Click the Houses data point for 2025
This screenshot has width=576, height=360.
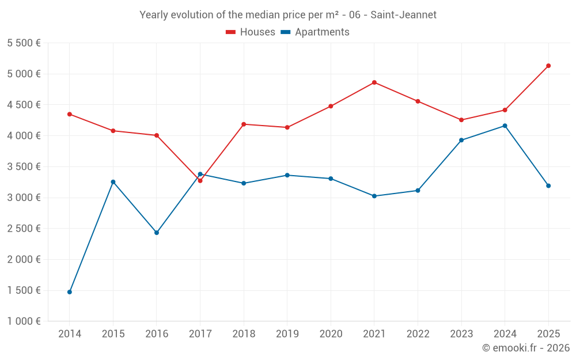548,66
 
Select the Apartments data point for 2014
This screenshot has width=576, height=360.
70,292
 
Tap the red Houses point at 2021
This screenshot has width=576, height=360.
374,82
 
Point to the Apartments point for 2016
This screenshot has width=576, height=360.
157,233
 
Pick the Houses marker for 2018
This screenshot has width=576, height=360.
244,124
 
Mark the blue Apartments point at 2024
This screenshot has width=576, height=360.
505,126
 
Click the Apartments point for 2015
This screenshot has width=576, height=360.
113,182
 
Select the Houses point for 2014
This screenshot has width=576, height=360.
70,114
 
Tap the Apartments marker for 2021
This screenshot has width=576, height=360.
374,196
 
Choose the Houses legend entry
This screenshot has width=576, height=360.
251,32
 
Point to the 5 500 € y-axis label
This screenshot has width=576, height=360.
24,43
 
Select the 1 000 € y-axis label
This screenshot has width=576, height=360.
24,321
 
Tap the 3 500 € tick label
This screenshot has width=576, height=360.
24,167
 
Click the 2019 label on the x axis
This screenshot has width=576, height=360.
287,334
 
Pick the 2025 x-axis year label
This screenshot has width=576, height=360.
548,334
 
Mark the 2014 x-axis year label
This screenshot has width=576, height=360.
70,334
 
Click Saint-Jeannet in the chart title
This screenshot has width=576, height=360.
403,15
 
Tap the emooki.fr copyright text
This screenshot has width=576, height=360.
526,348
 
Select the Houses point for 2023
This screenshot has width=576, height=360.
461,120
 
